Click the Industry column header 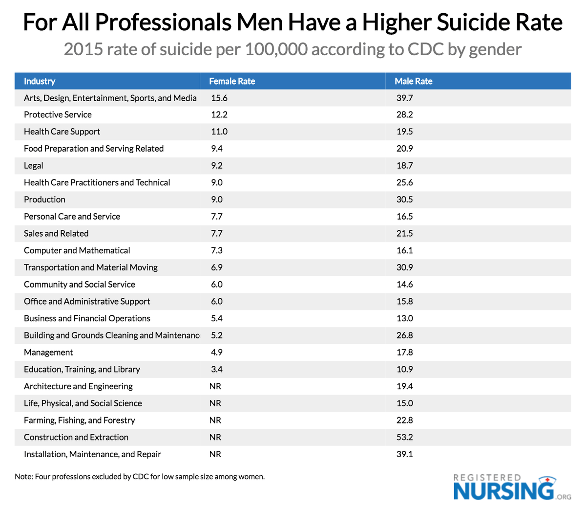40,81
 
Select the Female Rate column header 232,81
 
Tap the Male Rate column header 413,81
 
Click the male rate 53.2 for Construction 404,437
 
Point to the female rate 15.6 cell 219,98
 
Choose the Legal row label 34,165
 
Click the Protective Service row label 58,114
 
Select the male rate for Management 404,352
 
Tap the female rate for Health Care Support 219,132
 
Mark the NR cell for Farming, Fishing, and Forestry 215,420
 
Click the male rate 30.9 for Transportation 404,267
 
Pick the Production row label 44,199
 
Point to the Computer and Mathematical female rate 217,250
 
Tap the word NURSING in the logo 503,490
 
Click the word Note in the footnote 23,476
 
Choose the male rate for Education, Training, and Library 404,369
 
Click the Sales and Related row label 56,233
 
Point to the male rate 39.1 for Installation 404,454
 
